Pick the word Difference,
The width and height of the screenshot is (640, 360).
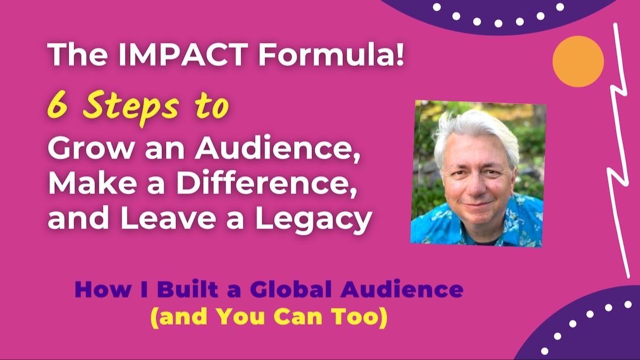point(267,184)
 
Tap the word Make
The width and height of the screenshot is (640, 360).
point(92,185)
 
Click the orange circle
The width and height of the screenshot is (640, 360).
point(578,61)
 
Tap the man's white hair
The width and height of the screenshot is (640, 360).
point(476,134)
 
